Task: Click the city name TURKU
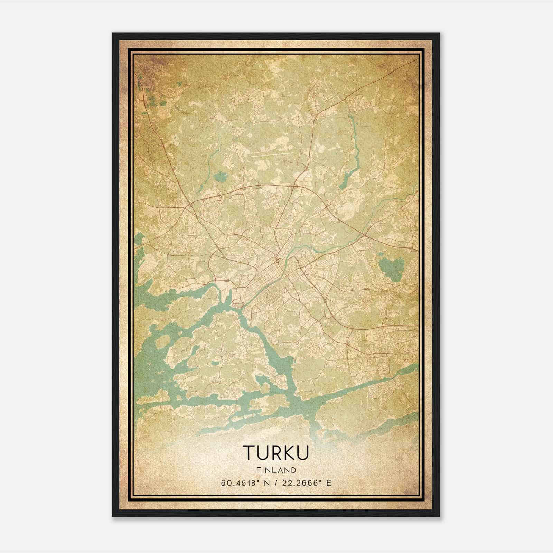[x=276, y=453]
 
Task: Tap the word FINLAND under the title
[x=276, y=470]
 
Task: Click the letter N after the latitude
[x=266, y=483]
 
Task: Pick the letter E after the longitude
[x=329, y=483]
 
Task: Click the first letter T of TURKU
[x=249, y=453]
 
